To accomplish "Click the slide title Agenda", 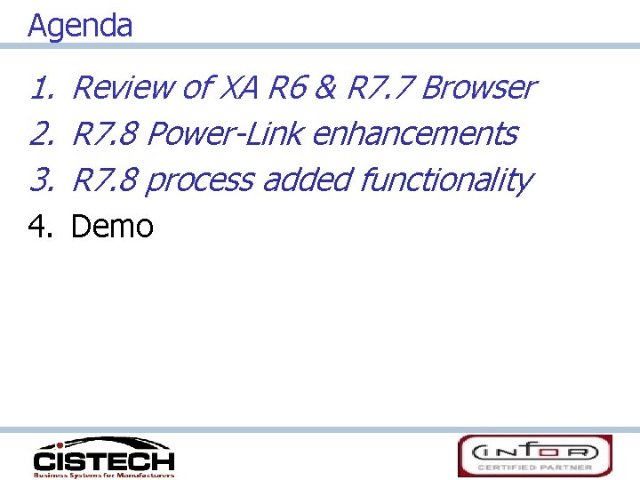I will (x=80, y=26).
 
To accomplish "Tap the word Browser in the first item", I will (x=478, y=88).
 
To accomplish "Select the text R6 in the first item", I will (x=287, y=88).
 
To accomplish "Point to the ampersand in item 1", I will (x=326, y=88).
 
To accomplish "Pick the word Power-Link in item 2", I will (x=225, y=134).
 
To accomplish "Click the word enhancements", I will (x=414, y=134).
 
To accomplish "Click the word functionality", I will (x=445, y=180).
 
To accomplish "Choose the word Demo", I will (x=112, y=227).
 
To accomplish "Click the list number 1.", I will (x=40, y=88).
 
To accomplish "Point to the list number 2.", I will (x=40, y=134).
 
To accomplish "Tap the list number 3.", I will (x=40, y=180).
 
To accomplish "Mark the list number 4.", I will (x=40, y=227).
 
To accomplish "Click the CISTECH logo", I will (x=103, y=457).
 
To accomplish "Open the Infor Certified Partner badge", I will (x=534, y=455).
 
